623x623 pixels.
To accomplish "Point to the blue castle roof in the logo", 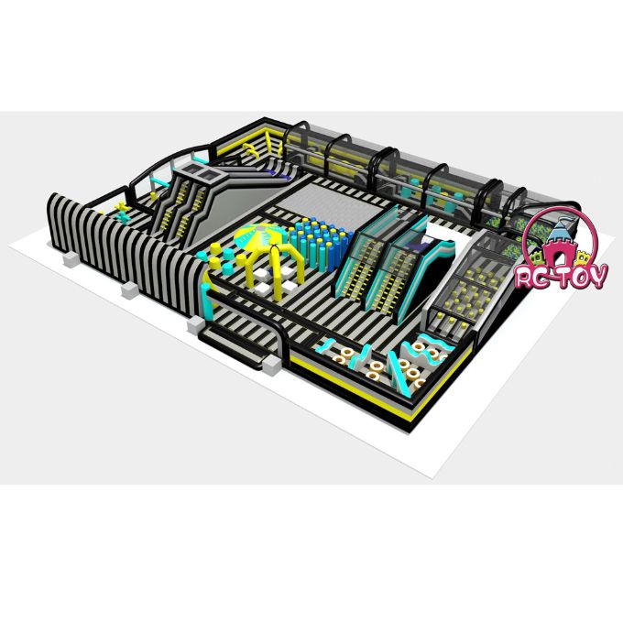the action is (x=560, y=227).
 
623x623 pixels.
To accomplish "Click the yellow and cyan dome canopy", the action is (x=260, y=235).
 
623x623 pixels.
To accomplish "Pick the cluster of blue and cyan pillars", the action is (x=321, y=243).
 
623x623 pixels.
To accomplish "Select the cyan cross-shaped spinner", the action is (x=125, y=216).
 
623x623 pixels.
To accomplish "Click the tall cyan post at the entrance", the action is (x=207, y=302).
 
